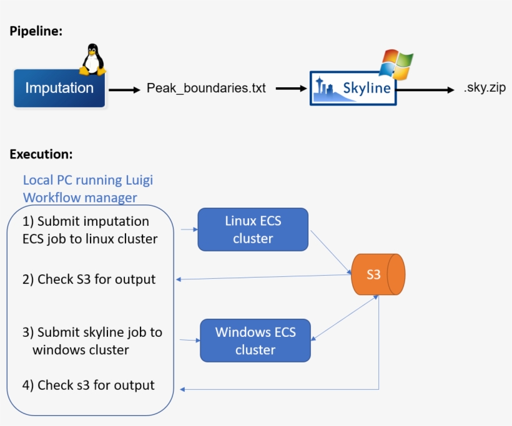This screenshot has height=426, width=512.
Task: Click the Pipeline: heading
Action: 36,31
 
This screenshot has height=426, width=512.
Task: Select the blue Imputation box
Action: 59,88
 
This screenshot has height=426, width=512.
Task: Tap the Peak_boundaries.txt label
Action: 206,89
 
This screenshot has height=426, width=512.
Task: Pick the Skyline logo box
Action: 353,88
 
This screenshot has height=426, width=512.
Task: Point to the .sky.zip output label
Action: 484,88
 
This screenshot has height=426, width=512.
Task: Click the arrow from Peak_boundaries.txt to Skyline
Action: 292,89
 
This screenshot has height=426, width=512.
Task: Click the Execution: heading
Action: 41,153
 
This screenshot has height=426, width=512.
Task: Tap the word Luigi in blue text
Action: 138,180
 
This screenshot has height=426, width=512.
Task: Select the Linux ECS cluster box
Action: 253,230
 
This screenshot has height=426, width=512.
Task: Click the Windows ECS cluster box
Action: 255,341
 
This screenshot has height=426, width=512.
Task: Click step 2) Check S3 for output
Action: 89,279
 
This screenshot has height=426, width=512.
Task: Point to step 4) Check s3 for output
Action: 89,385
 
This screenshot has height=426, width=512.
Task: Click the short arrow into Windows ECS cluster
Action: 189,340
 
